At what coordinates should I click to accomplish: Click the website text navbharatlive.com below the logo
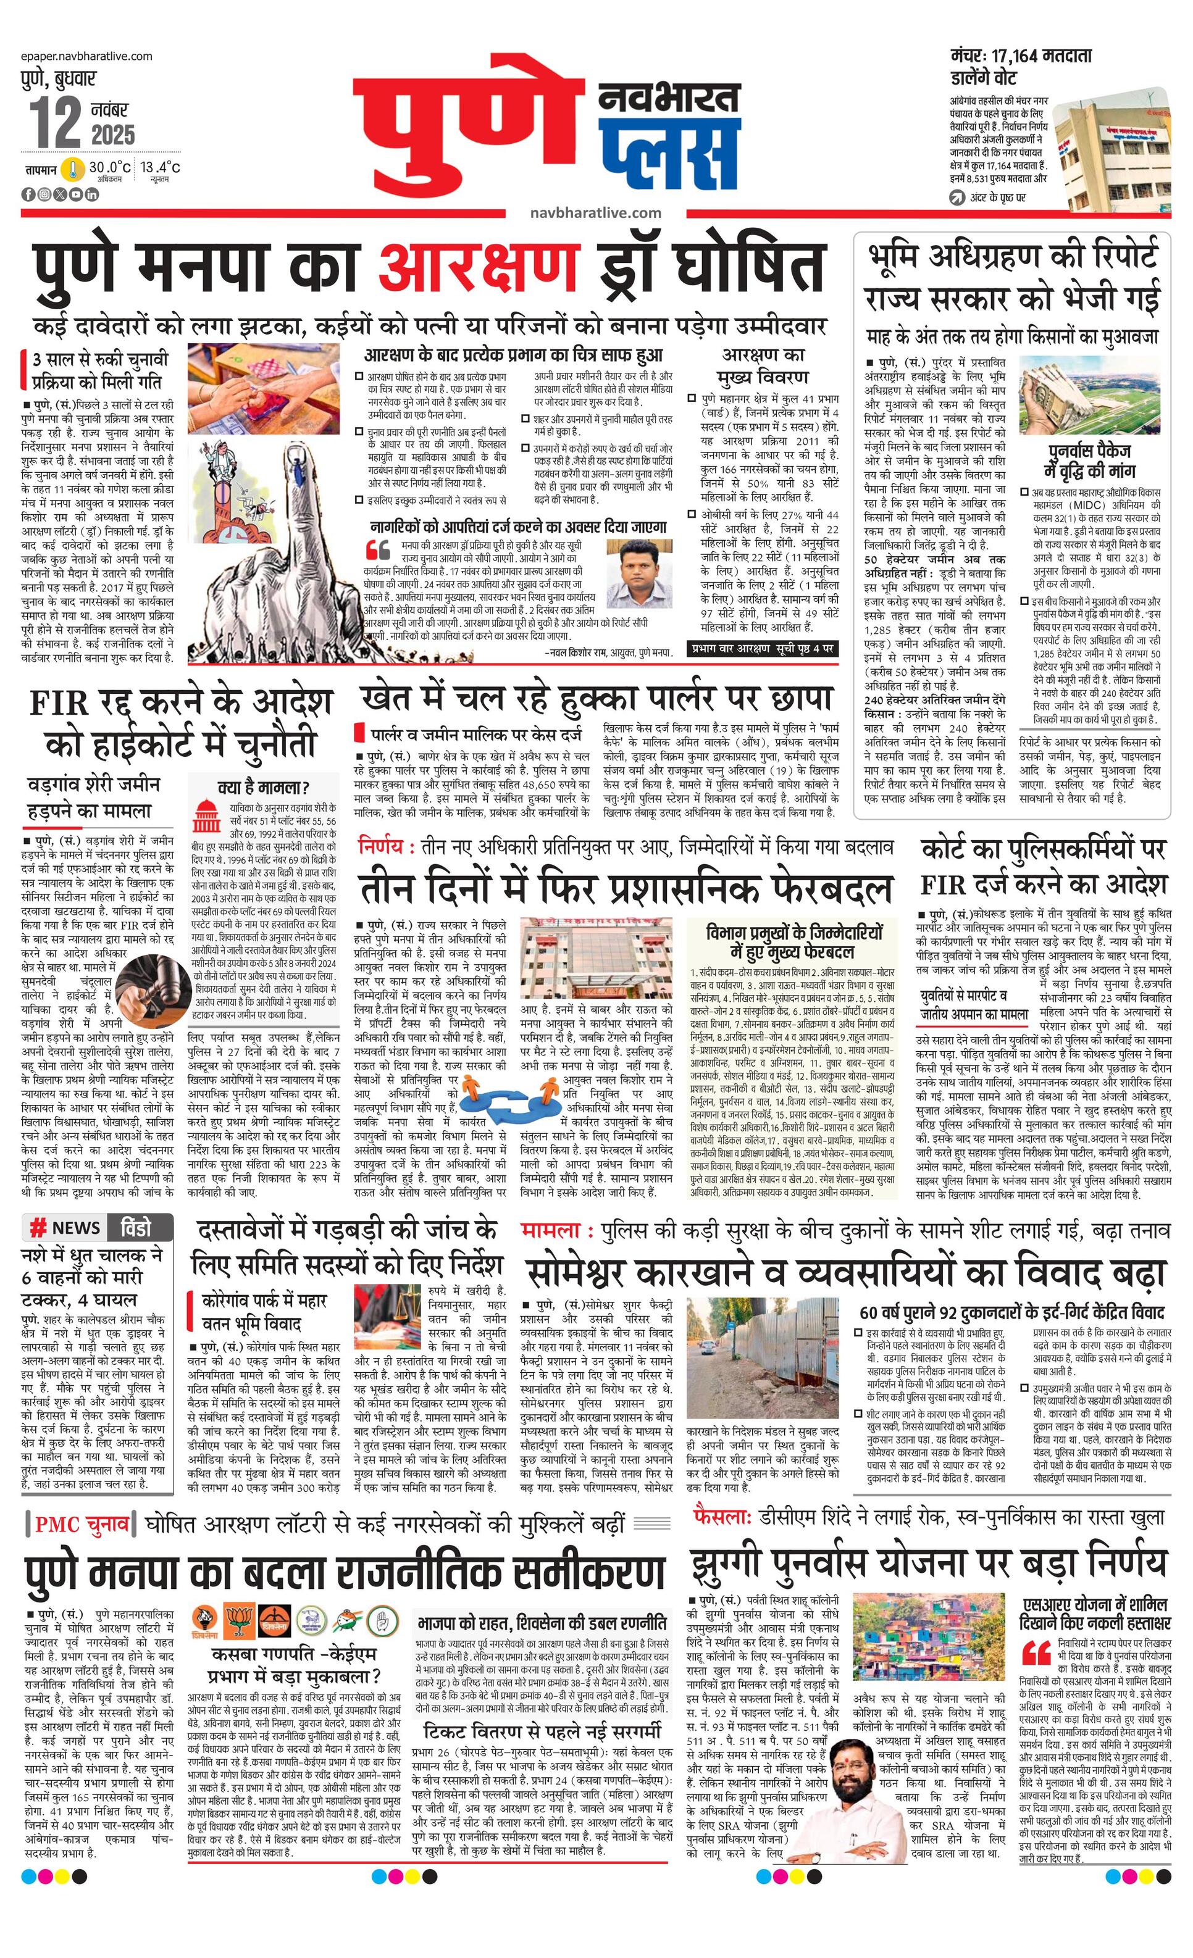pos(596,212)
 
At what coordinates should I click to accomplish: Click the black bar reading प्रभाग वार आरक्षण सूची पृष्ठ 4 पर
pos(761,648)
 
